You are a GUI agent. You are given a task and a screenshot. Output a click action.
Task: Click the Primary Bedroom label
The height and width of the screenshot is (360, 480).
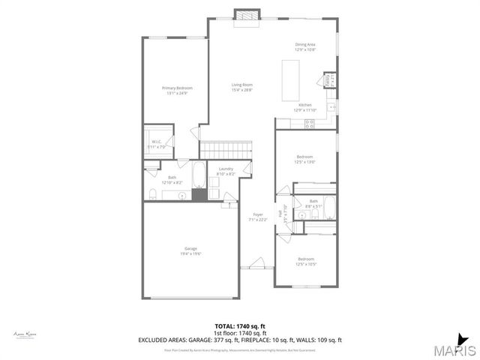[174, 91]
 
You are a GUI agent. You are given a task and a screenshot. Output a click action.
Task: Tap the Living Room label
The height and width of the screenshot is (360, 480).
[241, 88]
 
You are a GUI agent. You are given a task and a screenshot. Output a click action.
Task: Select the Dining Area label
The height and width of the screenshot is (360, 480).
[304, 47]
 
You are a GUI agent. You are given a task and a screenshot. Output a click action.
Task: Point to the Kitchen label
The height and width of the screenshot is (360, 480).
[305, 107]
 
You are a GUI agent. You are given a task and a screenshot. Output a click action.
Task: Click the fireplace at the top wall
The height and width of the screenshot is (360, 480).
[245, 14]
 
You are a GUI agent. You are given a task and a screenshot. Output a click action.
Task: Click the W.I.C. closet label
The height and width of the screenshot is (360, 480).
[157, 144]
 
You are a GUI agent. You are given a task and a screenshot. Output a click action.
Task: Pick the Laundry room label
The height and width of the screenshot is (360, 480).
[226, 171]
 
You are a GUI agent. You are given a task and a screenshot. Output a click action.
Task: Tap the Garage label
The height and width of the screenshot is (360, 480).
[191, 250]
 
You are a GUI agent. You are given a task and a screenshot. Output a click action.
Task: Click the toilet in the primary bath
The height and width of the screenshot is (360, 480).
[153, 195]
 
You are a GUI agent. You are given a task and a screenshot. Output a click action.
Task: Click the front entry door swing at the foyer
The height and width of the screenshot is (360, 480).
[254, 265]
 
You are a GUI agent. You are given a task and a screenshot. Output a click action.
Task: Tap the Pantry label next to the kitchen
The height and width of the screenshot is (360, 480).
[328, 79]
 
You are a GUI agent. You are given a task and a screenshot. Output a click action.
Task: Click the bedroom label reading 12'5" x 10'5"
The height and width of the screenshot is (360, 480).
[305, 262]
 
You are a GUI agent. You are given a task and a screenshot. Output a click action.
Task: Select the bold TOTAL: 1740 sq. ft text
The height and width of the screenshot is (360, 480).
[239, 326]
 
